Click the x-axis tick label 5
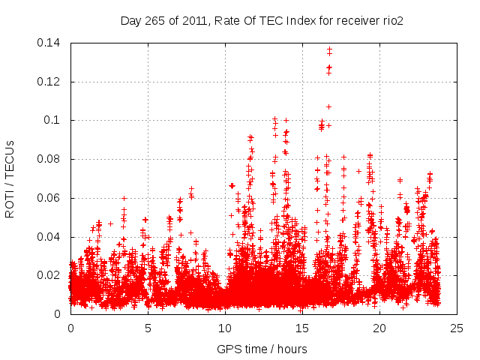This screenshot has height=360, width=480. pyautogui.click(x=148, y=328)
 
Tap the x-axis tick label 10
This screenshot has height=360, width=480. pyautogui.click(x=225, y=328)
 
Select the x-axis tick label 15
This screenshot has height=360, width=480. pyautogui.click(x=302, y=328)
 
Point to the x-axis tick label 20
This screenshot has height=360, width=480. pyautogui.click(x=379, y=328)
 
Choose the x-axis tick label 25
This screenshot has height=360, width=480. pyautogui.click(x=457, y=328)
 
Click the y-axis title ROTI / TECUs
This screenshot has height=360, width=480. pyautogui.click(x=10, y=178)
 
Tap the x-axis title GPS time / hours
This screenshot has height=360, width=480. pyautogui.click(x=262, y=349)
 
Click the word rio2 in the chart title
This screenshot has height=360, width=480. pyautogui.click(x=392, y=21)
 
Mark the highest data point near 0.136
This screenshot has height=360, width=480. pyautogui.click(x=329, y=49)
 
